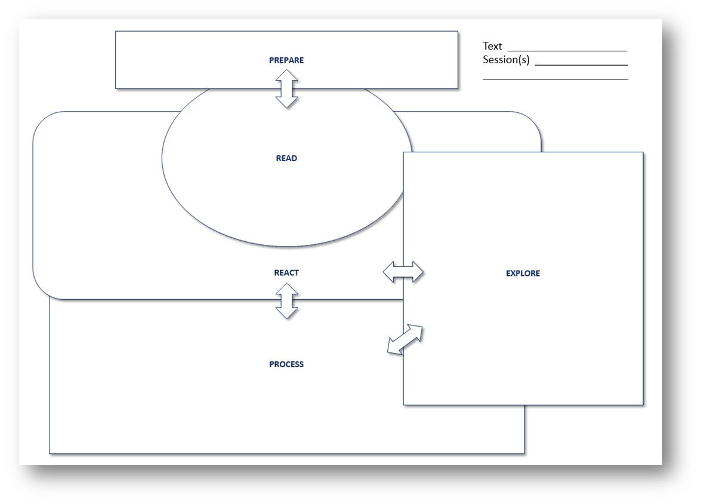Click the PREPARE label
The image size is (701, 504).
[286, 60]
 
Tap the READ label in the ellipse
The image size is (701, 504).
[286, 158]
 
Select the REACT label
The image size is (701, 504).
[286, 273]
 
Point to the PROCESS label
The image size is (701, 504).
[286, 364]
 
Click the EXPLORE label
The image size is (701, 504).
[523, 273]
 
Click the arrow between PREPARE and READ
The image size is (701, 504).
[287, 88]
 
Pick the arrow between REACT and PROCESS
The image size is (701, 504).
[287, 300]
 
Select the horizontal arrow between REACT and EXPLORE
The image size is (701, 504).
[403, 272]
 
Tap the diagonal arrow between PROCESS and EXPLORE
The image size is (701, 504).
[405, 339]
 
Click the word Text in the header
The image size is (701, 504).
[493, 46]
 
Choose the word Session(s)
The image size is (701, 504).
[506, 60]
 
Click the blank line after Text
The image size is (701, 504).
[567, 51]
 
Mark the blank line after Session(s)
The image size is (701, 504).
[581, 64]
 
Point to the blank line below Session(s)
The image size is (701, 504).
[555, 79]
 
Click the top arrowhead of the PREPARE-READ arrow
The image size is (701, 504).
[287, 75]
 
